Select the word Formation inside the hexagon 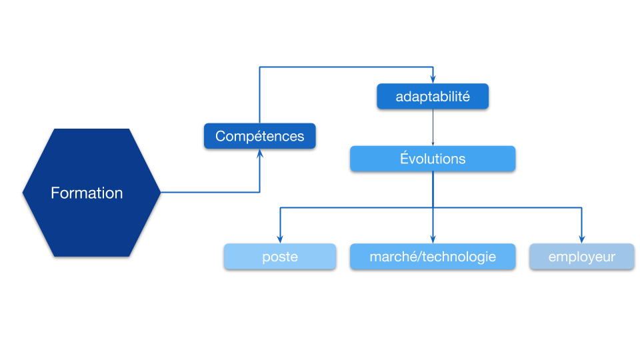[x=87, y=193]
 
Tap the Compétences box [x=259, y=136]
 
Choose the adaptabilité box [x=433, y=96]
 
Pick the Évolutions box [x=433, y=159]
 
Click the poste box [x=280, y=257]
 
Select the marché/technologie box [x=433, y=257]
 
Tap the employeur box [x=581, y=257]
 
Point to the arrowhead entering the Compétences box [x=259, y=154]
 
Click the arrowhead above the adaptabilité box [x=433, y=79]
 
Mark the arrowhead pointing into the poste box [x=280, y=239]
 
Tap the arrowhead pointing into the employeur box [x=581, y=239]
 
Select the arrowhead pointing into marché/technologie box [x=433, y=239]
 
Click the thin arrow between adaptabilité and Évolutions [x=433, y=127]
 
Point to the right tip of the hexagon [x=159, y=192]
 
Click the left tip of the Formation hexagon [x=24, y=192]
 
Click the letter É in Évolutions [x=404, y=159]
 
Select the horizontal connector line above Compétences [x=347, y=67]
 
